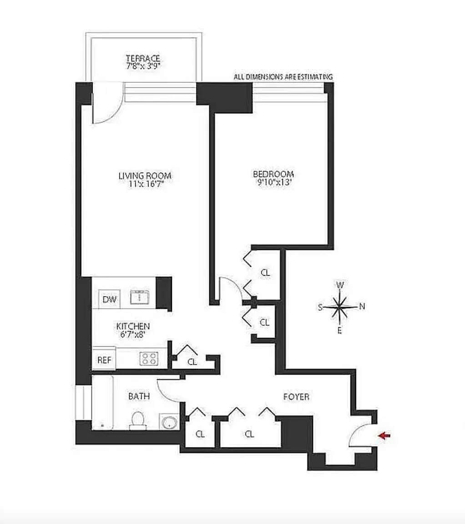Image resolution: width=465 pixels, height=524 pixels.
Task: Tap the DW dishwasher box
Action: (x=109, y=299)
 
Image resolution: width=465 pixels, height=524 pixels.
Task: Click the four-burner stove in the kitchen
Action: (x=149, y=358)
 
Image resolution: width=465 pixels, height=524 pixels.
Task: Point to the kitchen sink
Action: (x=139, y=297)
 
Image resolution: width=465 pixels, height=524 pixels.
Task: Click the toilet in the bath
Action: (x=138, y=421)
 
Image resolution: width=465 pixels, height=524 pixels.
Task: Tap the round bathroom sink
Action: (x=170, y=422)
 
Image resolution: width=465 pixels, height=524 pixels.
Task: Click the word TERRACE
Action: (x=143, y=58)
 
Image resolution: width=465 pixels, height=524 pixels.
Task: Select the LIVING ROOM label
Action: (x=145, y=176)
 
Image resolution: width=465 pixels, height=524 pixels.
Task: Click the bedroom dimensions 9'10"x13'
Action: (x=274, y=182)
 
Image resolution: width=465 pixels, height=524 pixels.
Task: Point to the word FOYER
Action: (x=296, y=397)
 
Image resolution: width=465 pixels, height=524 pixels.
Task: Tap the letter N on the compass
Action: (x=362, y=307)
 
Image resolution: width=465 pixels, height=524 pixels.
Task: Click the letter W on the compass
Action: (x=339, y=285)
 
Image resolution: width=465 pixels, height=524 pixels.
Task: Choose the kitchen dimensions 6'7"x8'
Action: (x=133, y=334)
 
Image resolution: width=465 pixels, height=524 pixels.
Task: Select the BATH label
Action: (x=139, y=396)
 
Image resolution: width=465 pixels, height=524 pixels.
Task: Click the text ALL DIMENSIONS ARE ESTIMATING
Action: (x=283, y=77)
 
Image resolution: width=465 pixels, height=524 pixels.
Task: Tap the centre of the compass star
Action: (x=339, y=307)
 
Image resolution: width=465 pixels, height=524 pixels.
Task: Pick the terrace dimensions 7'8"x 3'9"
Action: (x=143, y=66)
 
